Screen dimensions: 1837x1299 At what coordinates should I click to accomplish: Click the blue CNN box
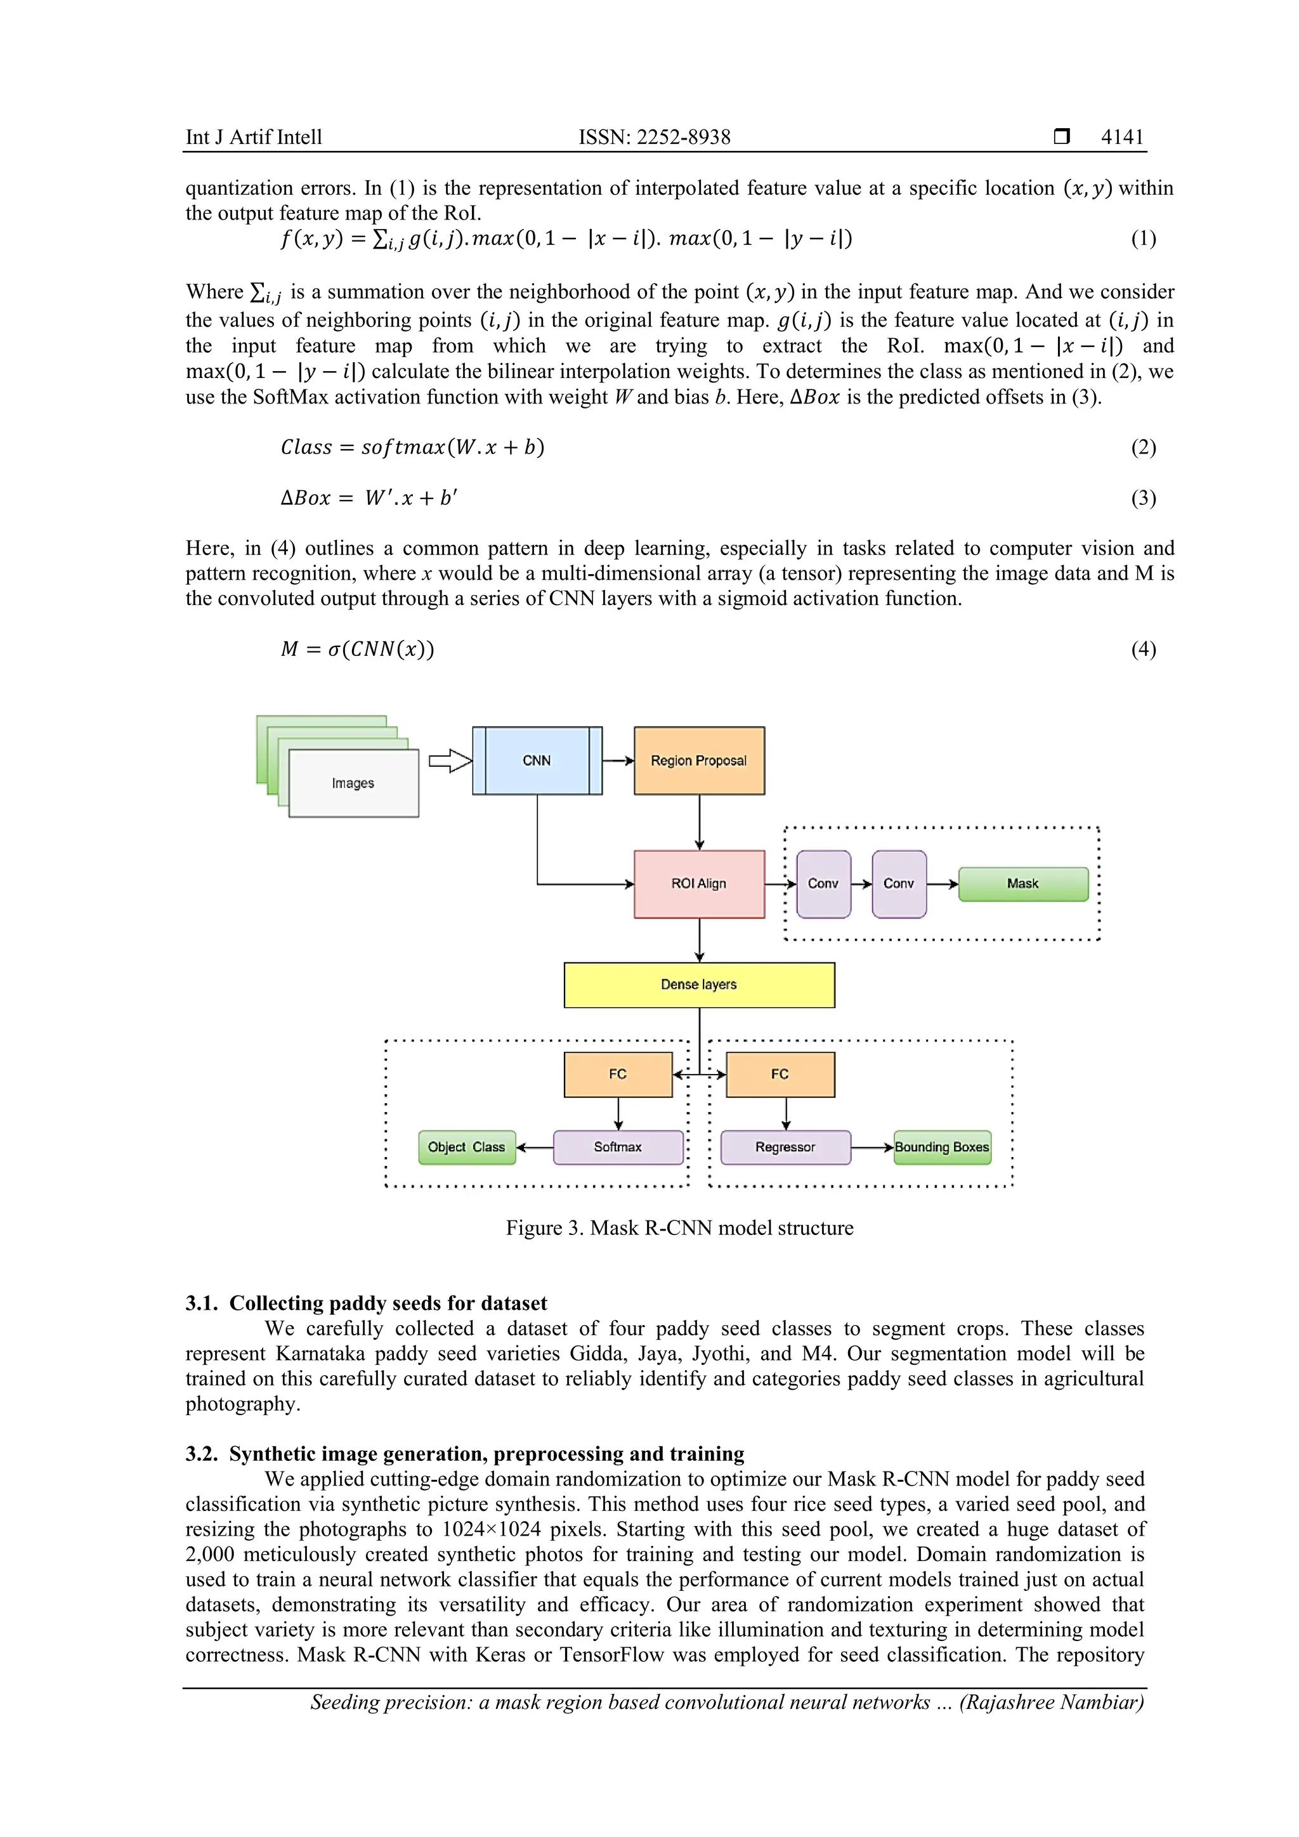tap(537, 760)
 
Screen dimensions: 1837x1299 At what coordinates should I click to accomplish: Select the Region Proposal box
tap(698, 760)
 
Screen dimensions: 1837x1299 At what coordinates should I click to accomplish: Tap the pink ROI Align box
tap(698, 884)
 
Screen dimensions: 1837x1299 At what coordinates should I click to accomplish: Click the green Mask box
tap(1022, 884)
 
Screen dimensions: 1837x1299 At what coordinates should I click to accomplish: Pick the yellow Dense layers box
tap(698, 984)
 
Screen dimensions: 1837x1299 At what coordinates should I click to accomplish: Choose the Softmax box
tap(618, 1146)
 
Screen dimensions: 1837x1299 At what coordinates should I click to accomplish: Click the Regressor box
tap(785, 1146)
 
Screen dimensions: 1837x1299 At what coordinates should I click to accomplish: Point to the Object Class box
tap(466, 1146)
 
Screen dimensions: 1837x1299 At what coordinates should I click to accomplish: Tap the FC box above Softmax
tap(618, 1074)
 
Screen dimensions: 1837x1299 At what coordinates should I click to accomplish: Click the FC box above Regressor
tap(780, 1074)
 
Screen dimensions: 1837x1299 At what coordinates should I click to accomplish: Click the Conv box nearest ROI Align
tap(823, 884)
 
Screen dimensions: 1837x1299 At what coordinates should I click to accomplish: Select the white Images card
tap(353, 783)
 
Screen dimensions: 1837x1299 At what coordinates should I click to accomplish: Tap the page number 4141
tap(1121, 137)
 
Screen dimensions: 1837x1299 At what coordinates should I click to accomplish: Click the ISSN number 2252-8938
tap(683, 137)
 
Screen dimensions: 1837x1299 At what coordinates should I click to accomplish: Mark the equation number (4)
tap(1143, 648)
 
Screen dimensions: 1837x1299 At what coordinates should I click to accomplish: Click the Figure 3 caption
tap(679, 1227)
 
